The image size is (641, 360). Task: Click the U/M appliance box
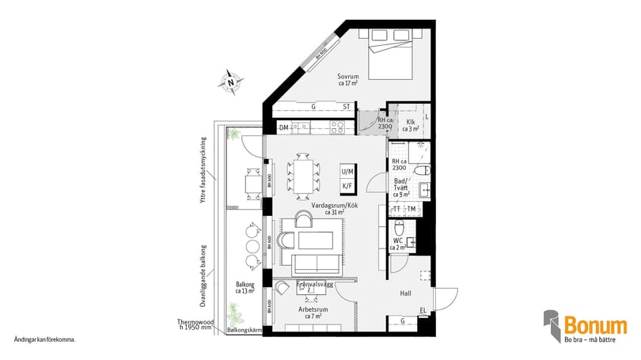tap(347, 172)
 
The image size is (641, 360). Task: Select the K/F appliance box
tap(347, 186)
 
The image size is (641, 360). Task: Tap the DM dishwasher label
tap(283, 128)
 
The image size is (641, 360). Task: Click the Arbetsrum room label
tap(313, 309)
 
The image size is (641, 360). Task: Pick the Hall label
tap(405, 294)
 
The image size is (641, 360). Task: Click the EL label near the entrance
tap(423, 309)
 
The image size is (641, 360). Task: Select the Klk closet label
tap(410, 124)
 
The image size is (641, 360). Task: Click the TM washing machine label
tap(412, 209)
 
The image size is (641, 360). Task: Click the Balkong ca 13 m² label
tap(245, 287)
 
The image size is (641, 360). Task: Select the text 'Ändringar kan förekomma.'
tap(44, 340)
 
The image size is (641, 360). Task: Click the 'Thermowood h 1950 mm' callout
tap(196, 324)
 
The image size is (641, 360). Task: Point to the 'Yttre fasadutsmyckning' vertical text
tap(203, 171)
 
